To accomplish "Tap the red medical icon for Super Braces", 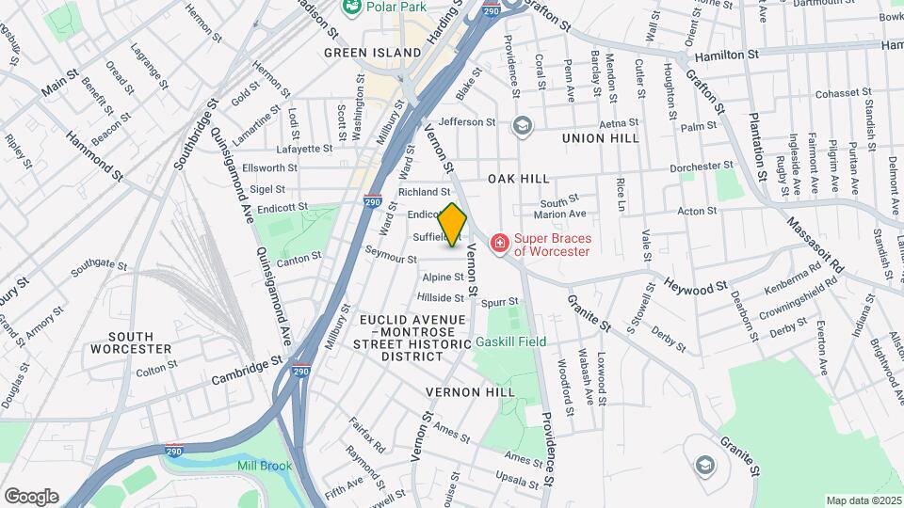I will pos(498,245).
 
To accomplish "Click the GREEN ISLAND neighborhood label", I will pos(372,53).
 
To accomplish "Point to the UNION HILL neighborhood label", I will pos(600,138).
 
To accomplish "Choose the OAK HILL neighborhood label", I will pos(518,179).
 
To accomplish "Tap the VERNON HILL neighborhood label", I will pos(470,391).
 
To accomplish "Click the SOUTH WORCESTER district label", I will pos(131,342).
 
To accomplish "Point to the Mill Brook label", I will pos(265,466).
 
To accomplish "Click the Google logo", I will pos(31,497).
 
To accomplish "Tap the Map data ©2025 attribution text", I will pos(863,500).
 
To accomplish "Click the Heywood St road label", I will pos(695,284).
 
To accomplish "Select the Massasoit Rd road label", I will pos(816,240).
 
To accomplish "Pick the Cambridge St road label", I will pos(247,369).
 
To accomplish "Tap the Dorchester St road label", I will pos(702,168).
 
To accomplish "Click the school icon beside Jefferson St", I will pos(522,124).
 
